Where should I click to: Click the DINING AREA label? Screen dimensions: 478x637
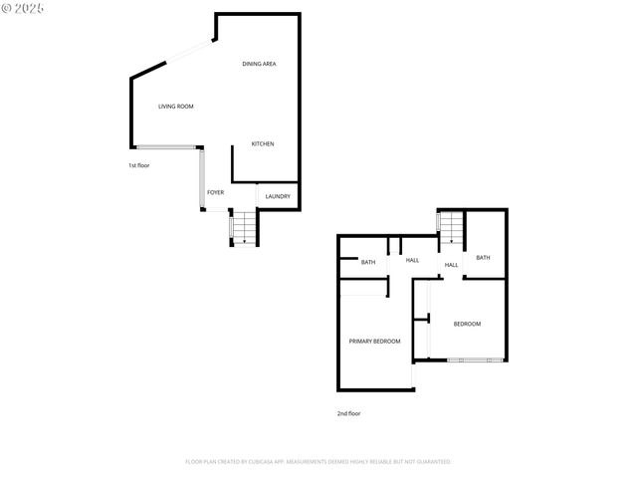pos(259,64)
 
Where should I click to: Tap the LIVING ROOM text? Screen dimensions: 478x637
pos(176,107)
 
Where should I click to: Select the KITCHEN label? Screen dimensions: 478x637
pos(263,144)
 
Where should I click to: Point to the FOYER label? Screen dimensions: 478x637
pos(215,192)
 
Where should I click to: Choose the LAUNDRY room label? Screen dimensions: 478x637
pos(278,196)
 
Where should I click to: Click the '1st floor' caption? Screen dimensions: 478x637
pos(138,165)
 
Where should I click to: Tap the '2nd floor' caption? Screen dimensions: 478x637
pos(348,412)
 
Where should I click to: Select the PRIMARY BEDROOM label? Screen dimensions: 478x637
pos(374,342)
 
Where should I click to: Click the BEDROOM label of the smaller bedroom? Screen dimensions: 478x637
pos(467,324)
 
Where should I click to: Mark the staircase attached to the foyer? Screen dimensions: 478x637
pos(243,228)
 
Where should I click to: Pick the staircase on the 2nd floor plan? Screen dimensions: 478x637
pos(452,228)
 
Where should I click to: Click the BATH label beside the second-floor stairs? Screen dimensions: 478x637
pos(483,258)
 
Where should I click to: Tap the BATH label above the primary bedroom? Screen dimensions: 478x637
pos(368,263)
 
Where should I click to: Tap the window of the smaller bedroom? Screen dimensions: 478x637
pos(468,359)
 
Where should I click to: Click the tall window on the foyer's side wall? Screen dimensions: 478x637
pos(202,179)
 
